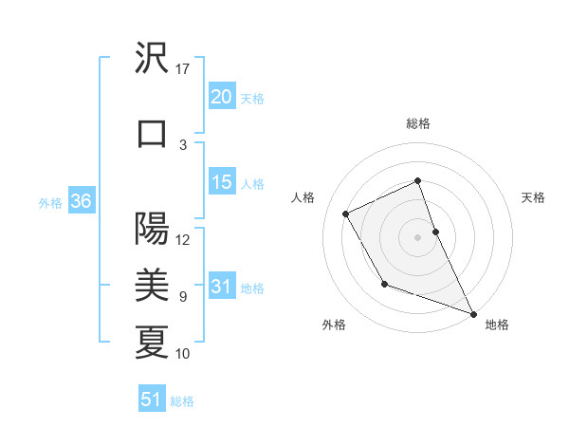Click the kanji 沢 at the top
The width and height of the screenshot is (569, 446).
152,59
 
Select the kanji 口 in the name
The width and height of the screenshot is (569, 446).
152,134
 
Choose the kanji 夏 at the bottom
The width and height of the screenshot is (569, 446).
152,342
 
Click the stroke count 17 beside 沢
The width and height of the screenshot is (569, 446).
183,69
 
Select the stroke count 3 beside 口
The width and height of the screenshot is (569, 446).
183,144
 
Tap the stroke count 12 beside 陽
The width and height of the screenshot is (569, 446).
183,239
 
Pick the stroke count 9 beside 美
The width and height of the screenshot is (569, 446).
183,296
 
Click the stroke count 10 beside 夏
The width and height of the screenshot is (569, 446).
183,353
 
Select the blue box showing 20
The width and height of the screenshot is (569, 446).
221,96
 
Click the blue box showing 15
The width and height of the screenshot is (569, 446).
221,182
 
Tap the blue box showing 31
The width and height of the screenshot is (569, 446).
221,287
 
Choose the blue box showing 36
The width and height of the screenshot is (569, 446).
81,201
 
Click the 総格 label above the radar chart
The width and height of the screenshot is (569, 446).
417,123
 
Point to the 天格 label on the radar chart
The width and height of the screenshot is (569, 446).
533,197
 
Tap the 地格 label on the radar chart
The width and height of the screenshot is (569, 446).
497,325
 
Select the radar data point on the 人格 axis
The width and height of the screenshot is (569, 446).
346,214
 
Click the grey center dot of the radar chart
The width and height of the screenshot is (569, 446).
417,236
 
